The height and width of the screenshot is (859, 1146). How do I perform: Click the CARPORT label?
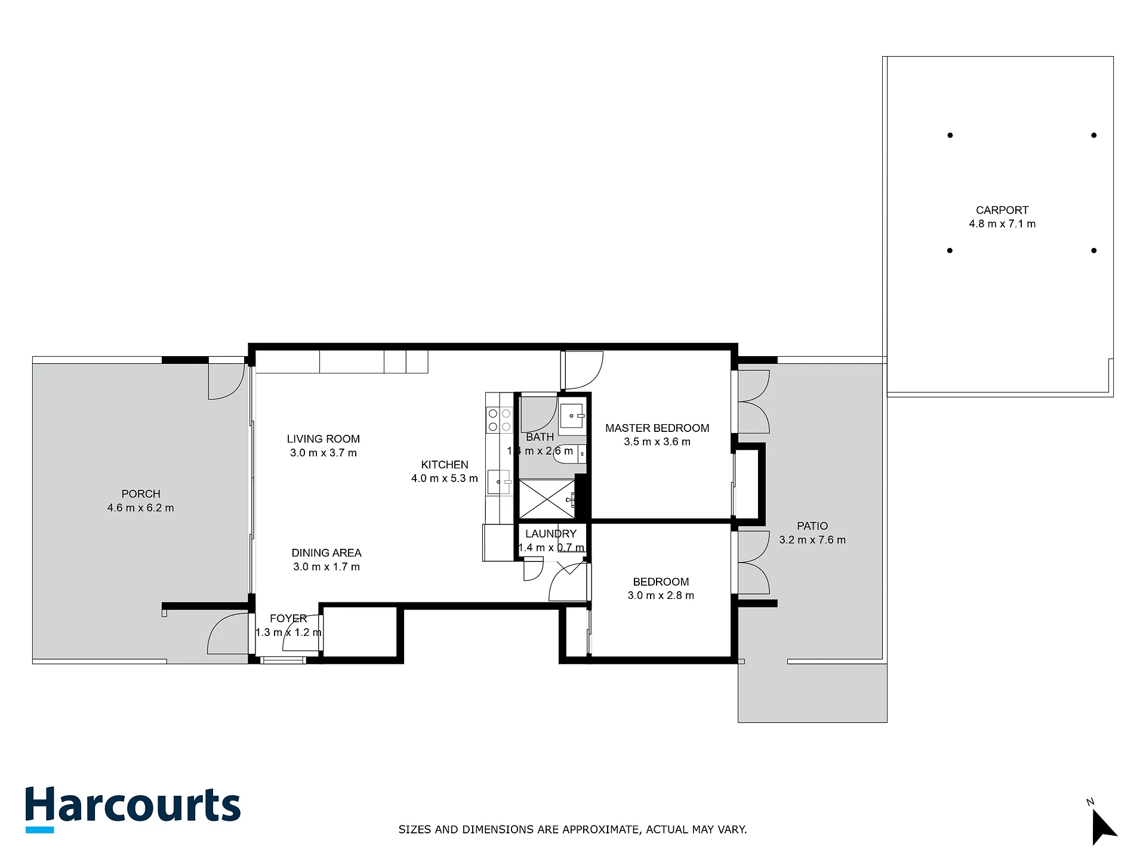click(1002, 210)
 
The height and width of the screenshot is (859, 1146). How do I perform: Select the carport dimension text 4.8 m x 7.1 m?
click(1002, 224)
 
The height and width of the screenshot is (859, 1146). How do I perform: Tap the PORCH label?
click(141, 494)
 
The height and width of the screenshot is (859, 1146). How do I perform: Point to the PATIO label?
click(812, 526)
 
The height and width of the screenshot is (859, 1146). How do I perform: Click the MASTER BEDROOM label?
click(657, 428)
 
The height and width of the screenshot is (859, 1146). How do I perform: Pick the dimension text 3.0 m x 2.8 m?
click(661, 595)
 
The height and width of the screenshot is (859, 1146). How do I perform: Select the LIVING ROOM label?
click(324, 439)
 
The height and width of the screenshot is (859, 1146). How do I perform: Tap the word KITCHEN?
click(445, 465)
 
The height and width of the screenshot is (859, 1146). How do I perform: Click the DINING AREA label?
click(326, 553)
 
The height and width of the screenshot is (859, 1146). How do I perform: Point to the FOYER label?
click(288, 619)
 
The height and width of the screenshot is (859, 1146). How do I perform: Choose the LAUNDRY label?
click(551, 534)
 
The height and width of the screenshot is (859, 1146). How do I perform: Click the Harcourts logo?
click(133, 809)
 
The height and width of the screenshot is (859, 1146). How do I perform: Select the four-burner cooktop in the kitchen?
click(500, 419)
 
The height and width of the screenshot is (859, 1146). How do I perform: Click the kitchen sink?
click(500, 482)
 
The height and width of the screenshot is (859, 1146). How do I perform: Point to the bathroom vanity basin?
click(572, 416)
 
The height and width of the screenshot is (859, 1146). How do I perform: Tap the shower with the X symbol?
click(547, 499)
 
